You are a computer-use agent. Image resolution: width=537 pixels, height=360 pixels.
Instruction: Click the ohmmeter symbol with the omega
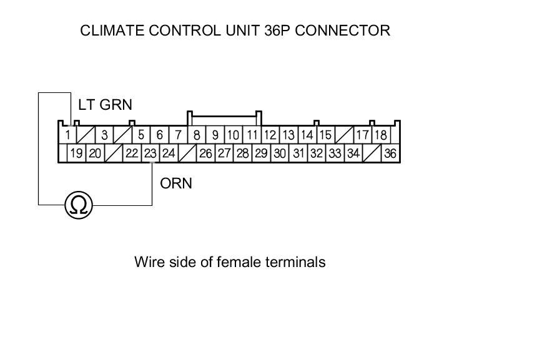pyautogui.click(x=79, y=205)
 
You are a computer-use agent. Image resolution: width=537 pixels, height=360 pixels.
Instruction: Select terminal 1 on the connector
pyautogui.click(x=67, y=134)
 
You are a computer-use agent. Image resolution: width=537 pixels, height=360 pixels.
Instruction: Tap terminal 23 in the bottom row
pyautogui.click(x=150, y=153)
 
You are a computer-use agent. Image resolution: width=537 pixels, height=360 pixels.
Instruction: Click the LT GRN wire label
pyautogui.click(x=105, y=105)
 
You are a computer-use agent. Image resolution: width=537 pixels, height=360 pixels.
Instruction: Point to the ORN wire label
pyautogui.click(x=176, y=183)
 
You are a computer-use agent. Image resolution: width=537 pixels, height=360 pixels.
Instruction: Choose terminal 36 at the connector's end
pyautogui.click(x=390, y=153)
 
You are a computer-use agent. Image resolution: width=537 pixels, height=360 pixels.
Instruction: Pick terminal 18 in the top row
pyautogui.click(x=380, y=134)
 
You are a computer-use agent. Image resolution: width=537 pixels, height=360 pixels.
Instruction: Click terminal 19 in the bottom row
pyautogui.click(x=76, y=153)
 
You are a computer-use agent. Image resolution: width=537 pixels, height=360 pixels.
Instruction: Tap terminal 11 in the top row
pyautogui.click(x=252, y=134)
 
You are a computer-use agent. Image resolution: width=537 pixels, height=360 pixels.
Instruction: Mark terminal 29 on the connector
pyautogui.click(x=261, y=153)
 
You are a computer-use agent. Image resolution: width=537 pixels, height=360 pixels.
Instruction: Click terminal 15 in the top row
pyautogui.click(x=325, y=134)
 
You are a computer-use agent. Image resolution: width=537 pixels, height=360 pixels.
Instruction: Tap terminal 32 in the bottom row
pyautogui.click(x=317, y=153)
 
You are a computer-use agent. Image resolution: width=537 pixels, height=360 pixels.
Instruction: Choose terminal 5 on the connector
pyautogui.click(x=141, y=134)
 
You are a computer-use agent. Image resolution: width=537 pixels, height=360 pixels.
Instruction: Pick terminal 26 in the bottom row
pyautogui.click(x=205, y=153)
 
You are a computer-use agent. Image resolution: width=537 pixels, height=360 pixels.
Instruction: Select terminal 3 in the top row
pyautogui.click(x=104, y=134)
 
